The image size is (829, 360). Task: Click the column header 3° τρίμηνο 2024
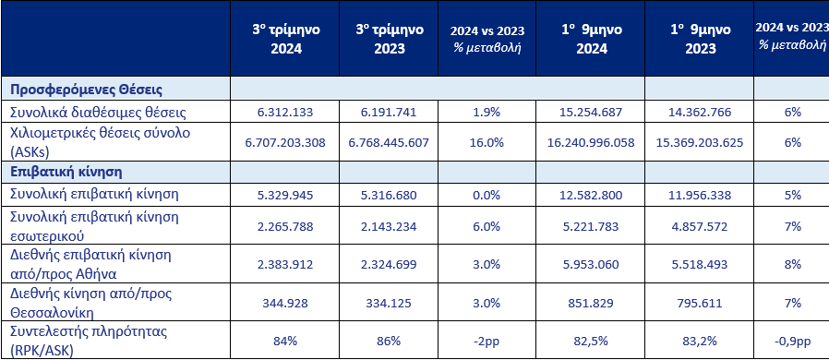(x=286, y=39)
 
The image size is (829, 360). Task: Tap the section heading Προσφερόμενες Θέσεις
(x=87, y=90)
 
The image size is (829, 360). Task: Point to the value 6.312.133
(x=286, y=112)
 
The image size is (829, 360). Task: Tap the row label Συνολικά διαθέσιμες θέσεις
(x=98, y=112)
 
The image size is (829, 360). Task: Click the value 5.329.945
(x=286, y=194)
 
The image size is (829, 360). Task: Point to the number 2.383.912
(x=286, y=262)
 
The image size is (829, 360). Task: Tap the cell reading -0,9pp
(x=791, y=341)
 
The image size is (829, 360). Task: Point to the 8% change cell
(x=791, y=262)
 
